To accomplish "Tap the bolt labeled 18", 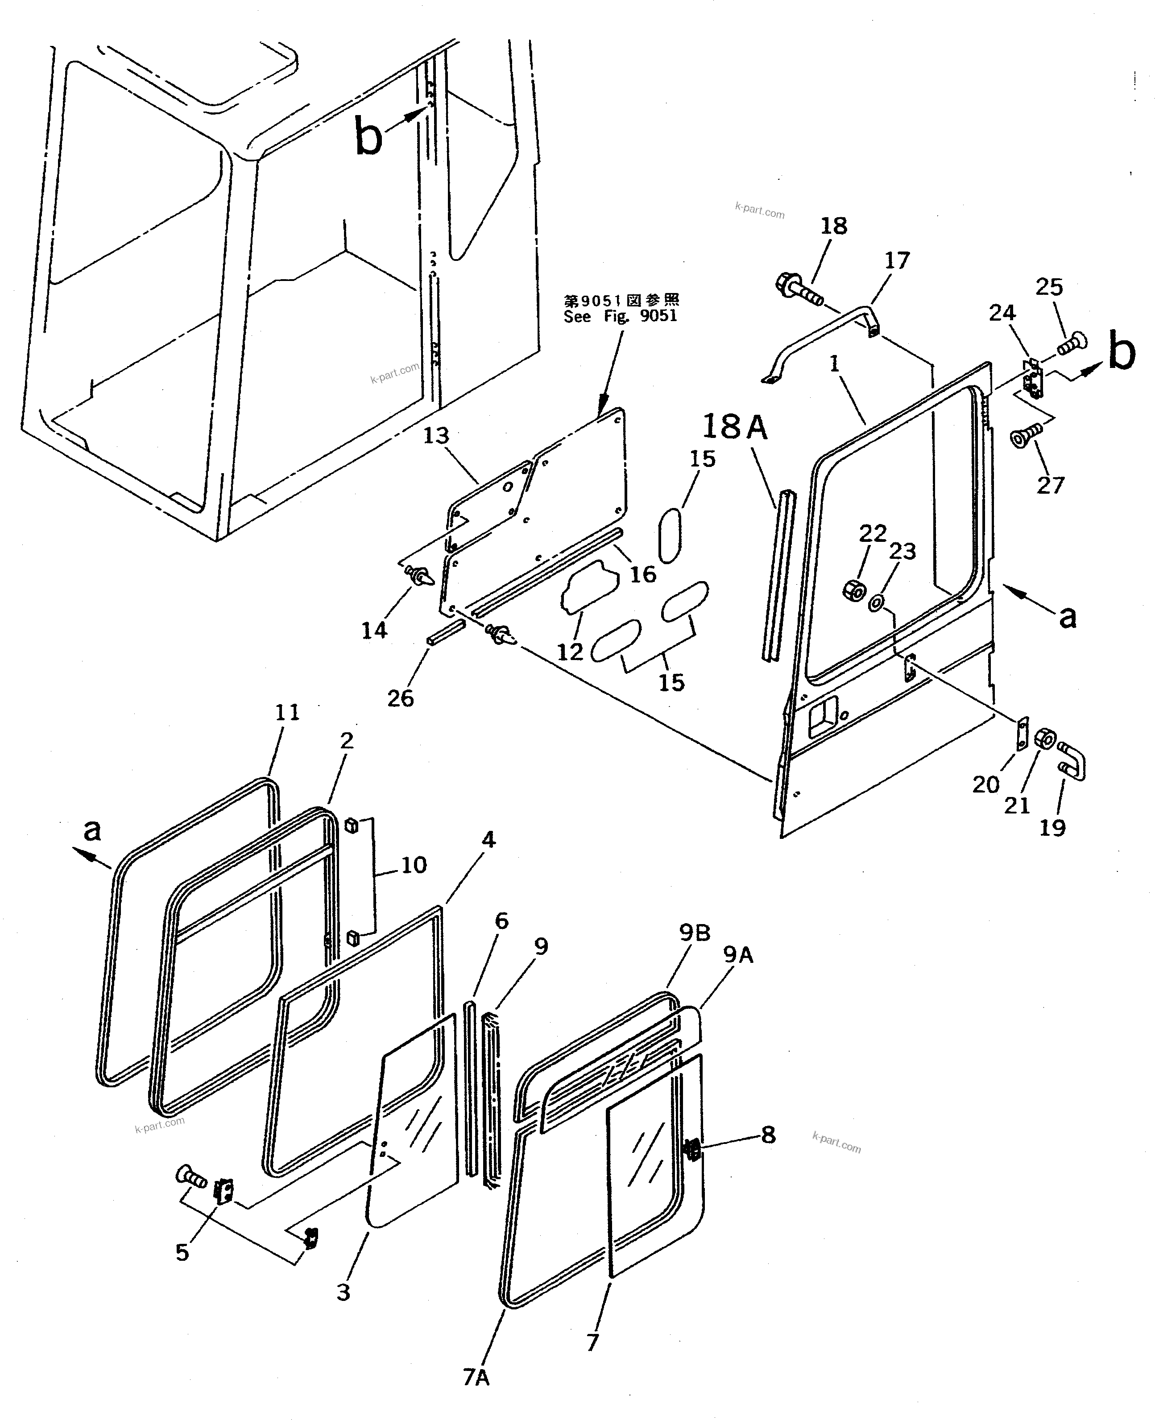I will [x=799, y=289].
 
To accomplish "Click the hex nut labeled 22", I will [x=853, y=589].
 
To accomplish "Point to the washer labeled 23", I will [x=876, y=603].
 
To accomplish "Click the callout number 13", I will [x=436, y=436].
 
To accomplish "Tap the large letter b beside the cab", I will [x=368, y=137].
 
